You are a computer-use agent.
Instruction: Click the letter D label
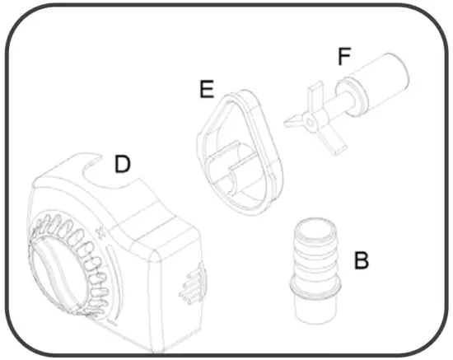coord(122,164)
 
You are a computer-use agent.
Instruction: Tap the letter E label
coord(207,88)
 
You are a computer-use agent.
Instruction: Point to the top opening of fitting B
coord(316,225)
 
